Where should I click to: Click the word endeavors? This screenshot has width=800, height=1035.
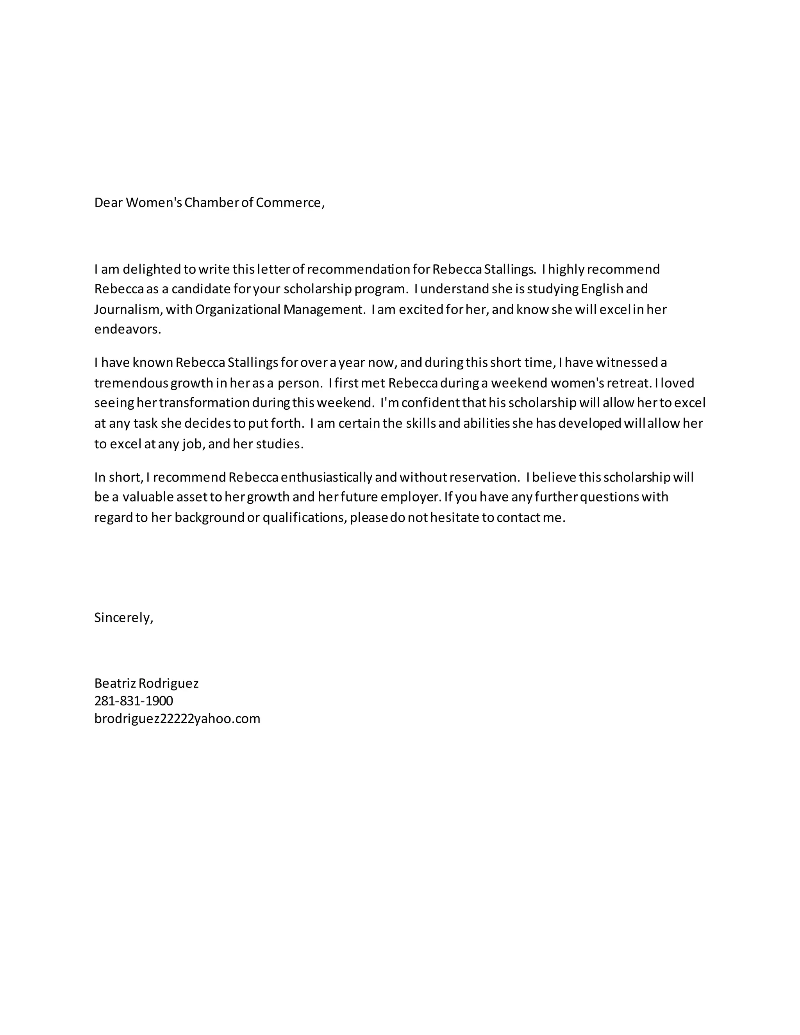tap(127, 329)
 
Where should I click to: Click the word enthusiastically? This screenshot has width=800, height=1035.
tap(326, 477)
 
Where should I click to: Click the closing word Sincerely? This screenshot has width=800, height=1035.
tap(123, 617)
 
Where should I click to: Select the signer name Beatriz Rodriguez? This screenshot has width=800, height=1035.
tap(146, 683)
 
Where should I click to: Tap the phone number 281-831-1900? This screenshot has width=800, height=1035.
tap(134, 701)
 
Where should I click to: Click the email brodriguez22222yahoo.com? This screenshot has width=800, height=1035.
tap(177, 719)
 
